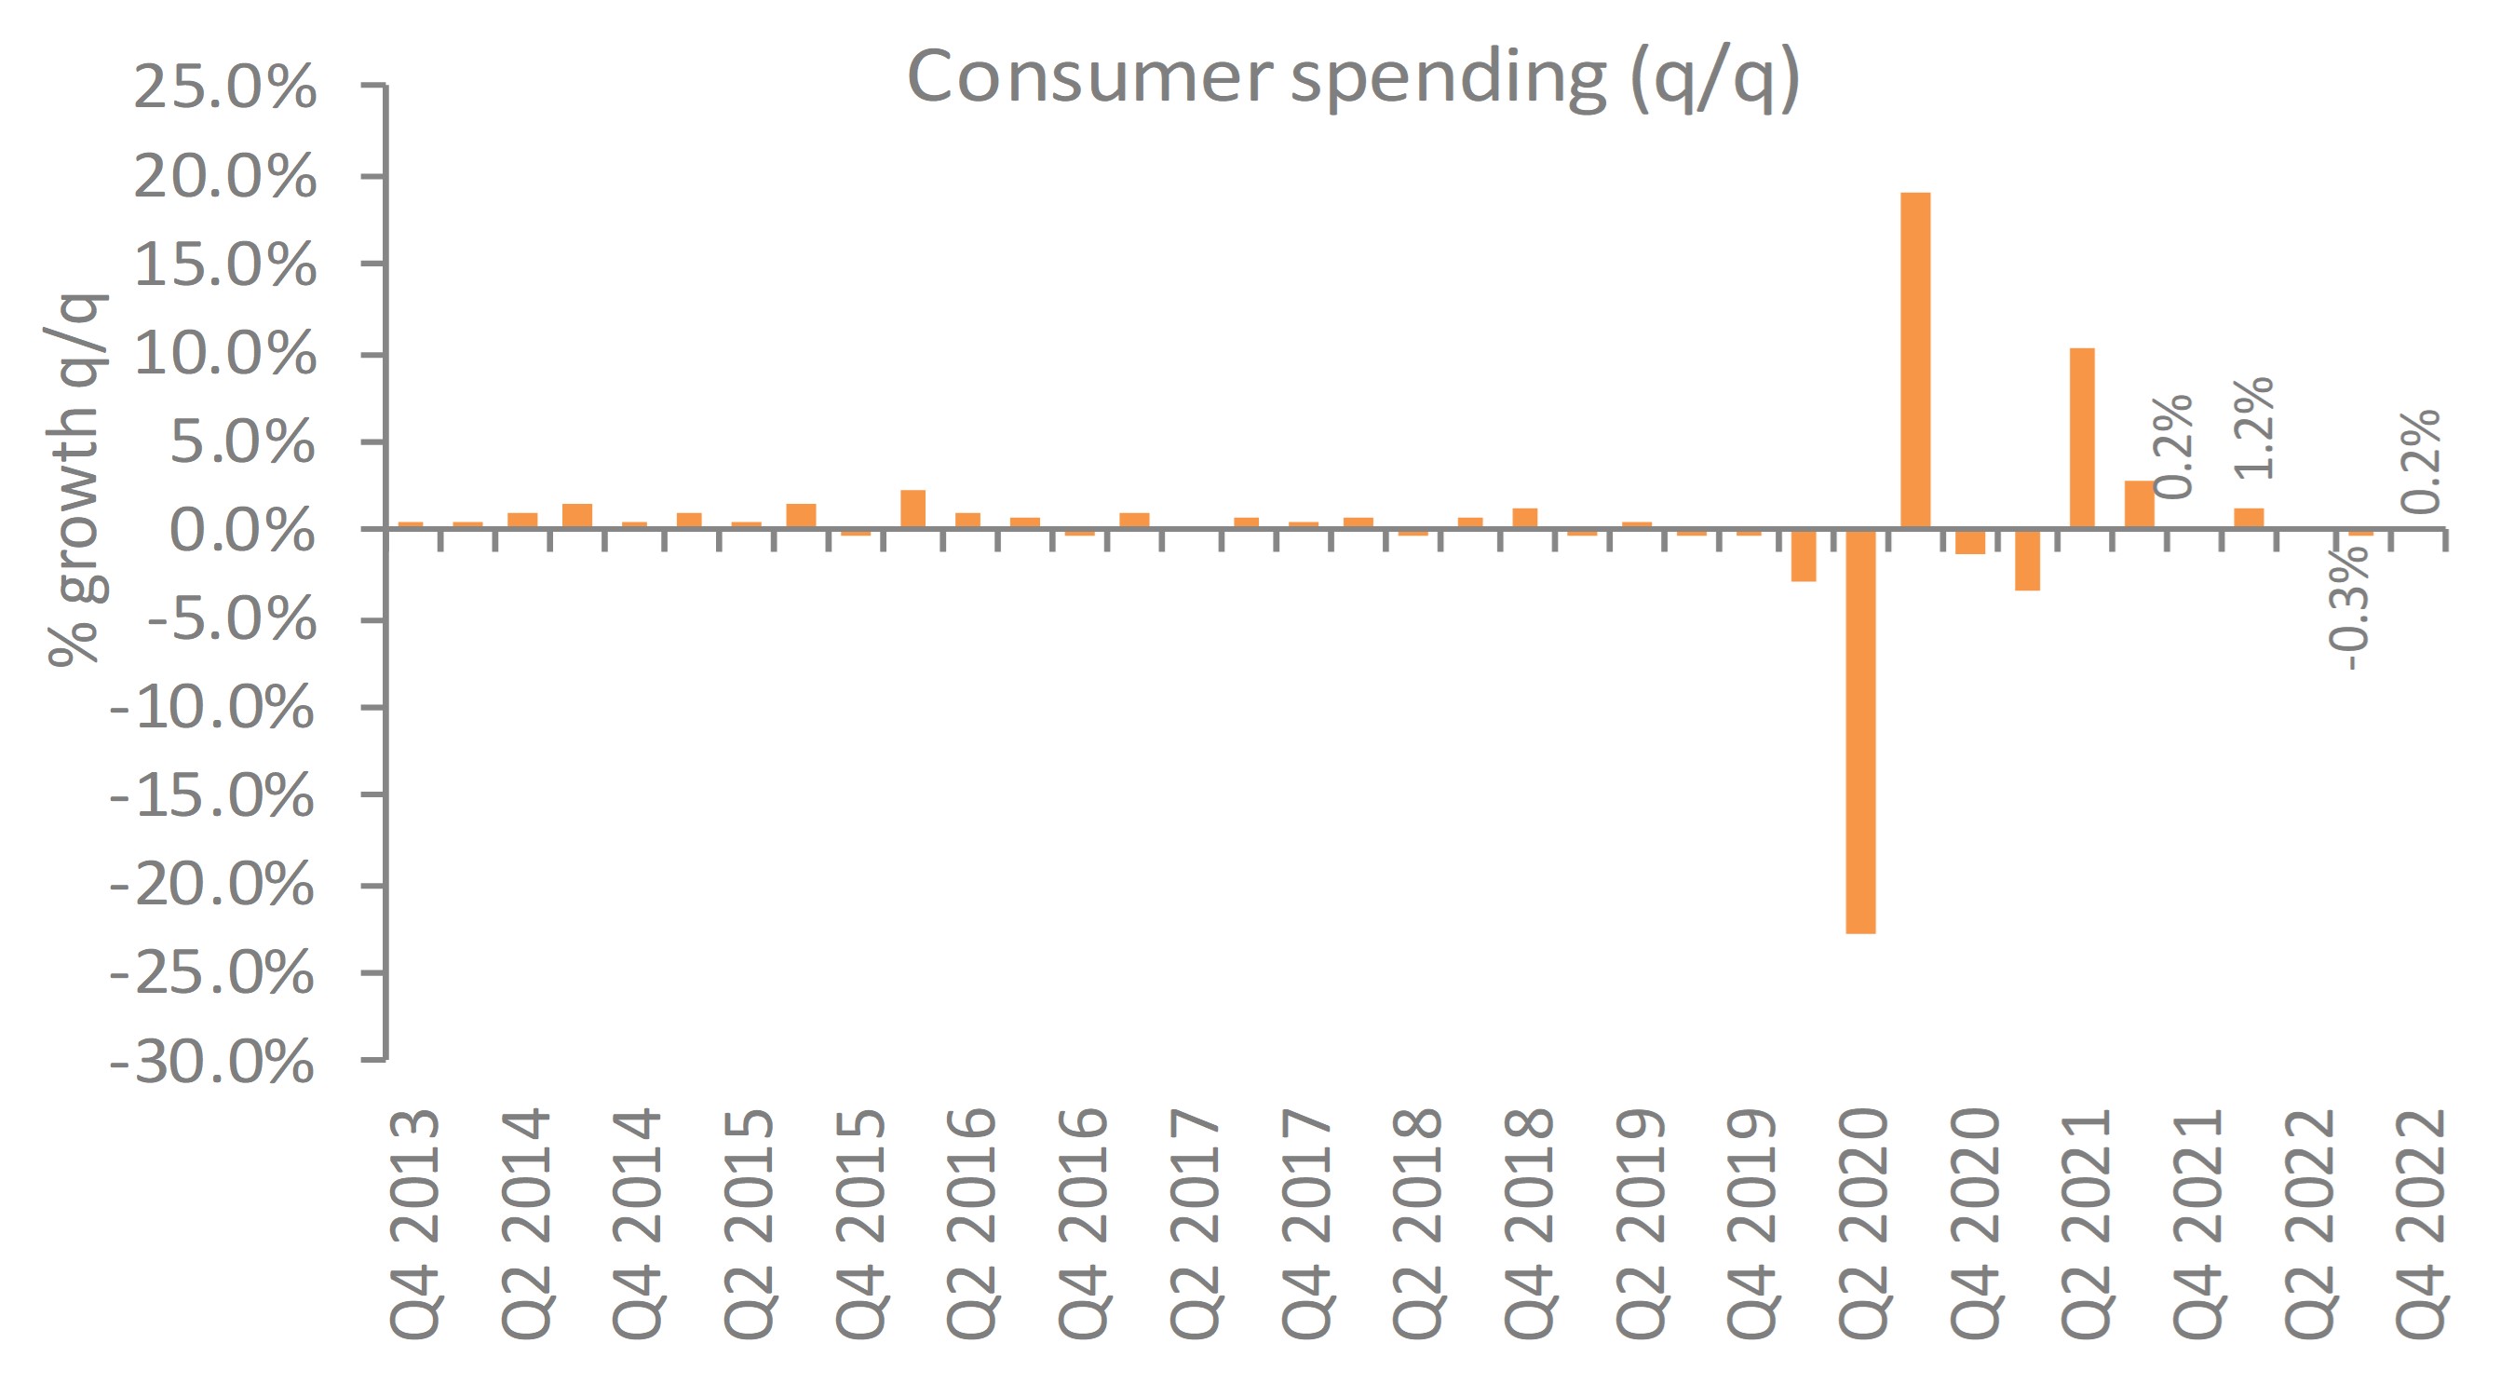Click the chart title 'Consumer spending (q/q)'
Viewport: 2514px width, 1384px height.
click(x=1353, y=78)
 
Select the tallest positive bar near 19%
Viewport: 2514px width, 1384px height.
click(x=1914, y=360)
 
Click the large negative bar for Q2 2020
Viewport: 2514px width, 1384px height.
click(x=1860, y=731)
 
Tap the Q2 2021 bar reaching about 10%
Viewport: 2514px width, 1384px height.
click(x=2082, y=439)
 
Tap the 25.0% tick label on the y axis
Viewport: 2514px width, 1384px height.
click(x=225, y=88)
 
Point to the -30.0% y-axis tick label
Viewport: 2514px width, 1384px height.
click(x=212, y=1062)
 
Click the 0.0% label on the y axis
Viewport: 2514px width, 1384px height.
click(x=243, y=531)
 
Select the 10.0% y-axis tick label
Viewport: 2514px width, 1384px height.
click(x=225, y=353)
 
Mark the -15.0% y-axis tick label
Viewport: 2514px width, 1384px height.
click(x=212, y=796)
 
